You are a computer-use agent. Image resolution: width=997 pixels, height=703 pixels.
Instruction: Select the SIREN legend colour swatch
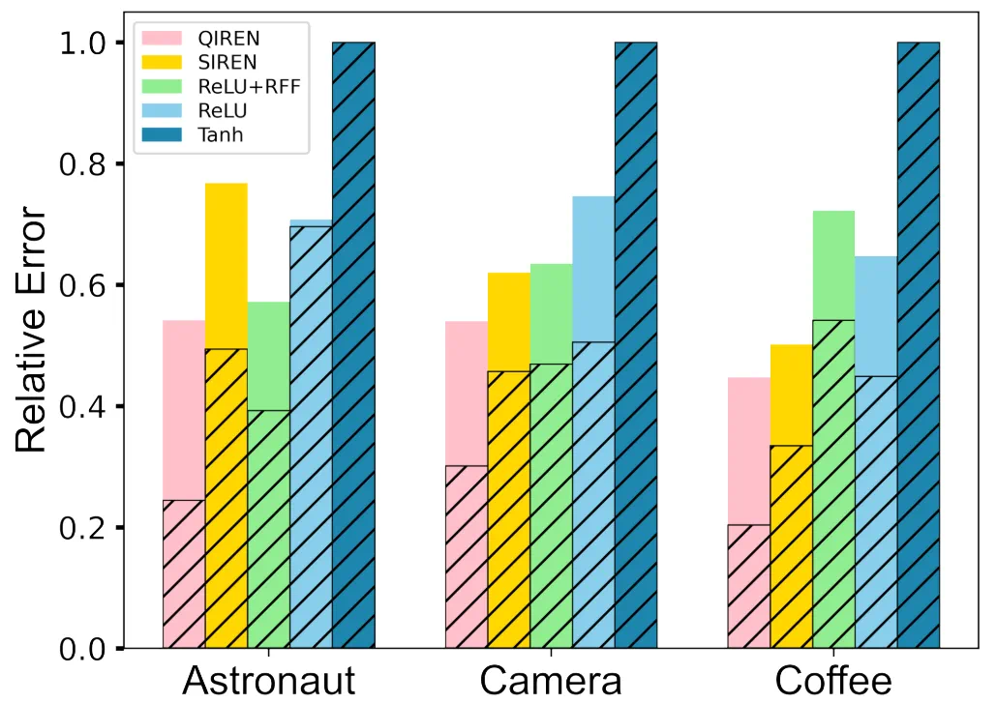point(162,63)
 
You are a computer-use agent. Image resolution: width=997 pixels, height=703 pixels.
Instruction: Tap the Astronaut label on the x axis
point(269,681)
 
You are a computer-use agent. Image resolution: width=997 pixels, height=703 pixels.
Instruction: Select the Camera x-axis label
point(551,681)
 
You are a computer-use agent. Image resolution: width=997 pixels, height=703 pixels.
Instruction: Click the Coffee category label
point(833,681)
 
